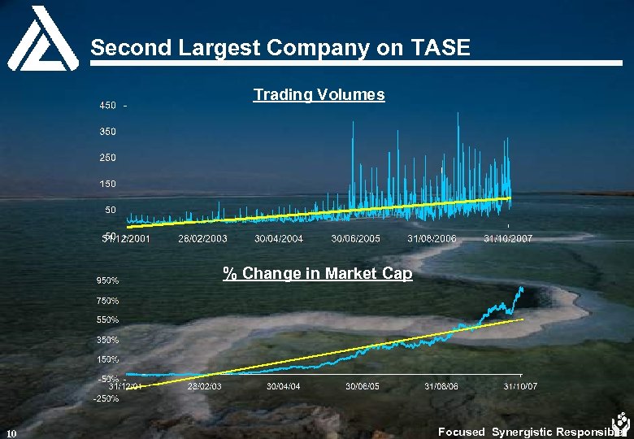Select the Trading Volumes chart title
click(319, 95)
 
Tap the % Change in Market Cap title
click(318, 274)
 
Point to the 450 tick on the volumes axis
click(107, 106)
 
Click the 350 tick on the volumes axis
click(107, 131)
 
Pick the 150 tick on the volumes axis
click(107, 184)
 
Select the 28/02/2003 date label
click(202, 239)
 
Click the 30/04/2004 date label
click(279, 239)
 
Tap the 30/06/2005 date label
click(356, 239)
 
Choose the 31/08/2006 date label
click(432, 239)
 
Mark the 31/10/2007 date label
click(508, 239)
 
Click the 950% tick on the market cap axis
click(108, 280)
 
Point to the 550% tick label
click(108, 319)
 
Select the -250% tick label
click(106, 398)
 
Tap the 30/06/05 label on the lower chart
click(362, 386)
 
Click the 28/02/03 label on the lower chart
click(204, 386)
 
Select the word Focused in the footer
click(461, 432)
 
